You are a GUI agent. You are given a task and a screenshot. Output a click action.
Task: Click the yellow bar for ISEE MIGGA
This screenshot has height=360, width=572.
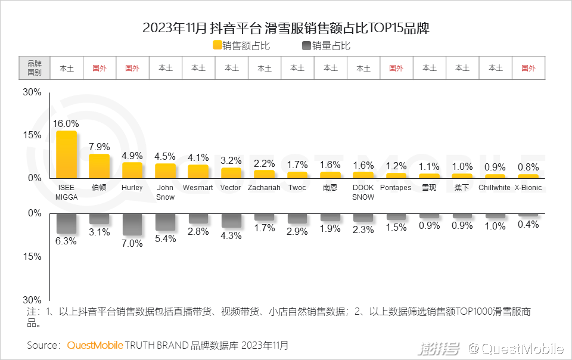(x=67, y=154)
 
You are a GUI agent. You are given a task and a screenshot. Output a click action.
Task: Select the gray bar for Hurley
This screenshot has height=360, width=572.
(x=132, y=224)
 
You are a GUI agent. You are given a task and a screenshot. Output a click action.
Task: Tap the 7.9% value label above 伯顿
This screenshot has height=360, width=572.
(x=100, y=147)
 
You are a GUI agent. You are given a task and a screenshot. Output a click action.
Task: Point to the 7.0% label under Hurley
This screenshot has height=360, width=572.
(x=132, y=243)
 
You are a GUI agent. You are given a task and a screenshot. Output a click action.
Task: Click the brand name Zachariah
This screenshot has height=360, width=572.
(x=264, y=188)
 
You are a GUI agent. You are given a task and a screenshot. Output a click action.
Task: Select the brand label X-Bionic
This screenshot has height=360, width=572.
(x=528, y=188)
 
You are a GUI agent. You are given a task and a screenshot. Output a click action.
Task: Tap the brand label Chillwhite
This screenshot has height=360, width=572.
(x=495, y=188)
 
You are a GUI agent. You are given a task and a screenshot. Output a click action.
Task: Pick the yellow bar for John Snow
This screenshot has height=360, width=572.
(x=165, y=170)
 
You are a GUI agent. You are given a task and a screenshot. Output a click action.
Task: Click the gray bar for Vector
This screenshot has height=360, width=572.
(x=231, y=220)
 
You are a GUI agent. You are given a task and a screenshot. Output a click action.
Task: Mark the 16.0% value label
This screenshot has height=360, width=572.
(x=66, y=123)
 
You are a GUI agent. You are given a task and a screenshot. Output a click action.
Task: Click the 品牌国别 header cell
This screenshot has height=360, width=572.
(x=34, y=68)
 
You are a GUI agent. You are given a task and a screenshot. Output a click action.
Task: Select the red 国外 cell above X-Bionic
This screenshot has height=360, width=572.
(x=528, y=68)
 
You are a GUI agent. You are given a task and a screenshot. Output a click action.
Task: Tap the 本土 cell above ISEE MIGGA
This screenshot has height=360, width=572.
(x=66, y=68)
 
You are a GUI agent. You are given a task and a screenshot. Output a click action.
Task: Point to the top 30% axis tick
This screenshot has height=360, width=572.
(x=32, y=92)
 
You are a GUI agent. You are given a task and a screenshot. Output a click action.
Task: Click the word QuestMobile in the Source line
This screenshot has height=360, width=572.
(x=95, y=345)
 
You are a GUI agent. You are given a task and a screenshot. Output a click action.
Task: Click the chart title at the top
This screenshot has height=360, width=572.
(x=286, y=28)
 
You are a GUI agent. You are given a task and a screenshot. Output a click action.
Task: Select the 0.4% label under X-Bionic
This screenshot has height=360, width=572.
(x=528, y=225)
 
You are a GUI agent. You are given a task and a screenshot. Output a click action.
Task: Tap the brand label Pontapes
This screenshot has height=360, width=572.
(x=396, y=188)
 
